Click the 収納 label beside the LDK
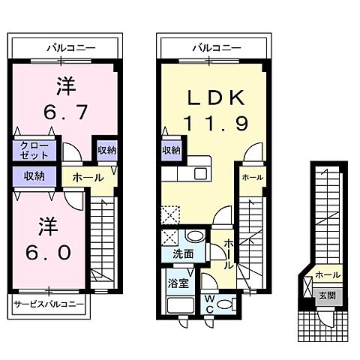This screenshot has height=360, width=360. tap(171, 150)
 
